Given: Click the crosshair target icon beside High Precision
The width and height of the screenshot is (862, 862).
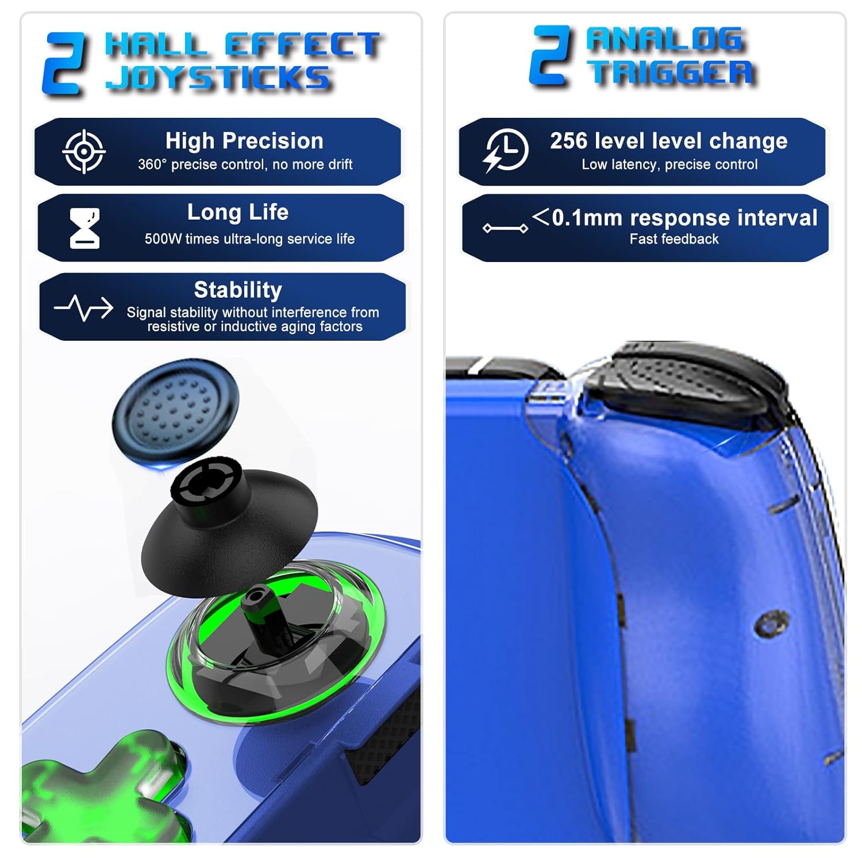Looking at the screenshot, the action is click(x=84, y=152).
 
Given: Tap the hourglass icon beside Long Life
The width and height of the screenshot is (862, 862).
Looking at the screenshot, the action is click(x=84, y=228).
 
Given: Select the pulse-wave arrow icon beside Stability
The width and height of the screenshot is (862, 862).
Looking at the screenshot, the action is click(x=84, y=308).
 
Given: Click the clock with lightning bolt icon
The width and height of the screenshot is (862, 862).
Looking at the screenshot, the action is click(x=505, y=151).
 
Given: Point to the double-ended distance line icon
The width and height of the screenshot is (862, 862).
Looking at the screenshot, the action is click(x=505, y=229).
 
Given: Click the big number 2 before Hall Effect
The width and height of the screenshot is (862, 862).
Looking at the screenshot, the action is click(x=65, y=63).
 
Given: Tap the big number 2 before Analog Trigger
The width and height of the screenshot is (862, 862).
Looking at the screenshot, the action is click(x=551, y=56).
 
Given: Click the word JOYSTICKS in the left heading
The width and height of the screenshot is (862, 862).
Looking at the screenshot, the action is click(x=218, y=77).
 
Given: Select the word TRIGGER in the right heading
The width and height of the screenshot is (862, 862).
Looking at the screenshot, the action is click(x=673, y=72).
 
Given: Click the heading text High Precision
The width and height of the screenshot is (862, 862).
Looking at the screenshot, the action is click(x=244, y=141).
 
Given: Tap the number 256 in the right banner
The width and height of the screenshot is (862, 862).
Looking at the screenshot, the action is click(x=568, y=141).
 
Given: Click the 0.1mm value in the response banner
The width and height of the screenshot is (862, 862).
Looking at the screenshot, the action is click(x=587, y=218).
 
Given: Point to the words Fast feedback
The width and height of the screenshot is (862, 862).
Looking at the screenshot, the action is click(x=674, y=239).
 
